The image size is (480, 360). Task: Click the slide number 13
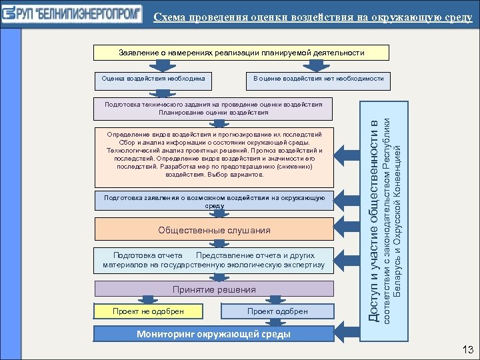coord(467,350)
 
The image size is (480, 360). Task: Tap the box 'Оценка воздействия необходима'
coord(153,79)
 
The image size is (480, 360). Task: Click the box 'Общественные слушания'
coord(214,230)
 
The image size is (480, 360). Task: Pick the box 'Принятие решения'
coord(214,289)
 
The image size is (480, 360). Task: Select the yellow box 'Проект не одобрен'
coord(148,311)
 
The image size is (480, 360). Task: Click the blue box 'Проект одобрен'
coord(277,311)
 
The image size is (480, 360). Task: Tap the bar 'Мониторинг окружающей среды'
coord(214,334)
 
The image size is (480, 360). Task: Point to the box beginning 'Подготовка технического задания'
coord(213,108)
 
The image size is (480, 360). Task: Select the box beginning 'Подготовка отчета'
coord(214,260)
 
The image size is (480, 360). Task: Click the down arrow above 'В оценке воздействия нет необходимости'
coord(316,65)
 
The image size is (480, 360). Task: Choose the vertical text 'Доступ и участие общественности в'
coord(375,220)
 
